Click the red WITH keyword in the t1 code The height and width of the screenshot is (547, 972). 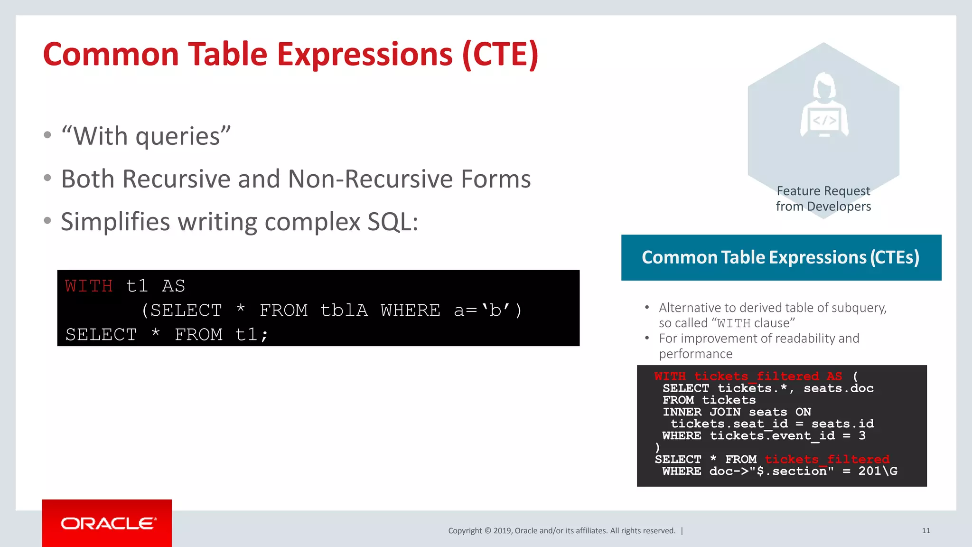(x=89, y=286)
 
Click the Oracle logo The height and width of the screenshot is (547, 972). (x=108, y=523)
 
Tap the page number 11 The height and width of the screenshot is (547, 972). (x=925, y=531)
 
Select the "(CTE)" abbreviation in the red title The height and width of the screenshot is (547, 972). (x=500, y=54)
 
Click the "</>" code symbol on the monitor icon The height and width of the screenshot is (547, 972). (x=824, y=121)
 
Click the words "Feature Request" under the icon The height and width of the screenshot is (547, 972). (x=823, y=191)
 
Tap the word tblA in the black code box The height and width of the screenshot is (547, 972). (x=344, y=311)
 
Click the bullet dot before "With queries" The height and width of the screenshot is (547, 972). (x=47, y=135)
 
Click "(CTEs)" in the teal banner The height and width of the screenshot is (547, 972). (x=894, y=257)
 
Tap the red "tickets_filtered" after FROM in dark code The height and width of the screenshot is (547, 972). (x=827, y=459)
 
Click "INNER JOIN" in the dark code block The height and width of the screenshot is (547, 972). (x=701, y=412)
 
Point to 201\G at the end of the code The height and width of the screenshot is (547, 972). (x=878, y=471)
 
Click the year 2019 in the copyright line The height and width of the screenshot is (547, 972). (x=503, y=531)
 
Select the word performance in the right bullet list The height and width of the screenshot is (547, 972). (x=695, y=354)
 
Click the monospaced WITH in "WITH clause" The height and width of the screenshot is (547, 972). (x=733, y=323)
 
